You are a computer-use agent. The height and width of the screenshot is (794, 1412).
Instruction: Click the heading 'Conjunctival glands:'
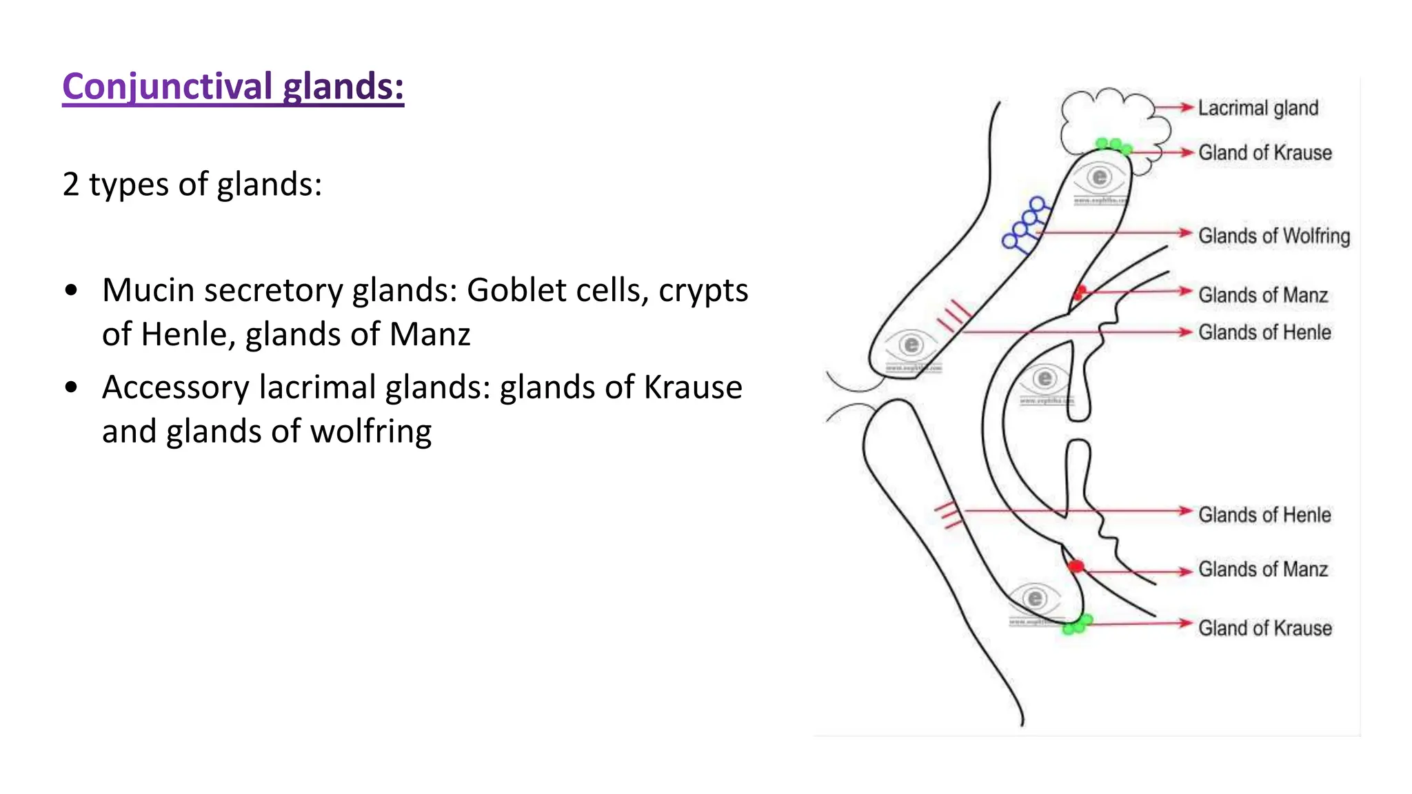click(233, 87)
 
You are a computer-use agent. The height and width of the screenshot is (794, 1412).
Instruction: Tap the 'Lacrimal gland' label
click(1258, 108)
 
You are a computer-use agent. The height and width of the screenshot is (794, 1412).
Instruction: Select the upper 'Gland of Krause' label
click(1264, 152)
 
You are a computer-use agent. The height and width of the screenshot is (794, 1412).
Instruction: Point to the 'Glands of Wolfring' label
click(1273, 236)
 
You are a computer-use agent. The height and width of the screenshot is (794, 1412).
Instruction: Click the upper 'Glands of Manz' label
click(1262, 295)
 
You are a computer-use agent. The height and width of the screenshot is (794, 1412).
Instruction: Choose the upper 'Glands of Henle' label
click(1264, 332)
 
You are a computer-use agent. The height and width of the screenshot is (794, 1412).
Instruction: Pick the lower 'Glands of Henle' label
click(1264, 515)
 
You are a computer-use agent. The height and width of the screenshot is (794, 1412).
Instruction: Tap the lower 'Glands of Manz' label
click(1262, 569)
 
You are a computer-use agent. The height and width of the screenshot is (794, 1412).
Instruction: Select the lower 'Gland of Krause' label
click(1264, 628)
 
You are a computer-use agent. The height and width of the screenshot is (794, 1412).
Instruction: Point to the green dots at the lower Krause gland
click(1076, 624)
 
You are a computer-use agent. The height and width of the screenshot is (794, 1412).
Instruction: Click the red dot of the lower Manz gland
click(1076, 567)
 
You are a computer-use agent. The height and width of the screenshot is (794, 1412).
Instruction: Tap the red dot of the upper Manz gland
click(1080, 292)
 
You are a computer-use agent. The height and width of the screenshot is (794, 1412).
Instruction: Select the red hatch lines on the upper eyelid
click(954, 316)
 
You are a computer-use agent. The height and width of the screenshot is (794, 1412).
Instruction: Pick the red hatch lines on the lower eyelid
click(948, 515)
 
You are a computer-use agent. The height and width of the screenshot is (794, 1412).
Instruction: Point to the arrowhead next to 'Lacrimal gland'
click(1187, 108)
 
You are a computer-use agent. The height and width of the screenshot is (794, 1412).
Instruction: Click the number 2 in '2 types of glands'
click(70, 185)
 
